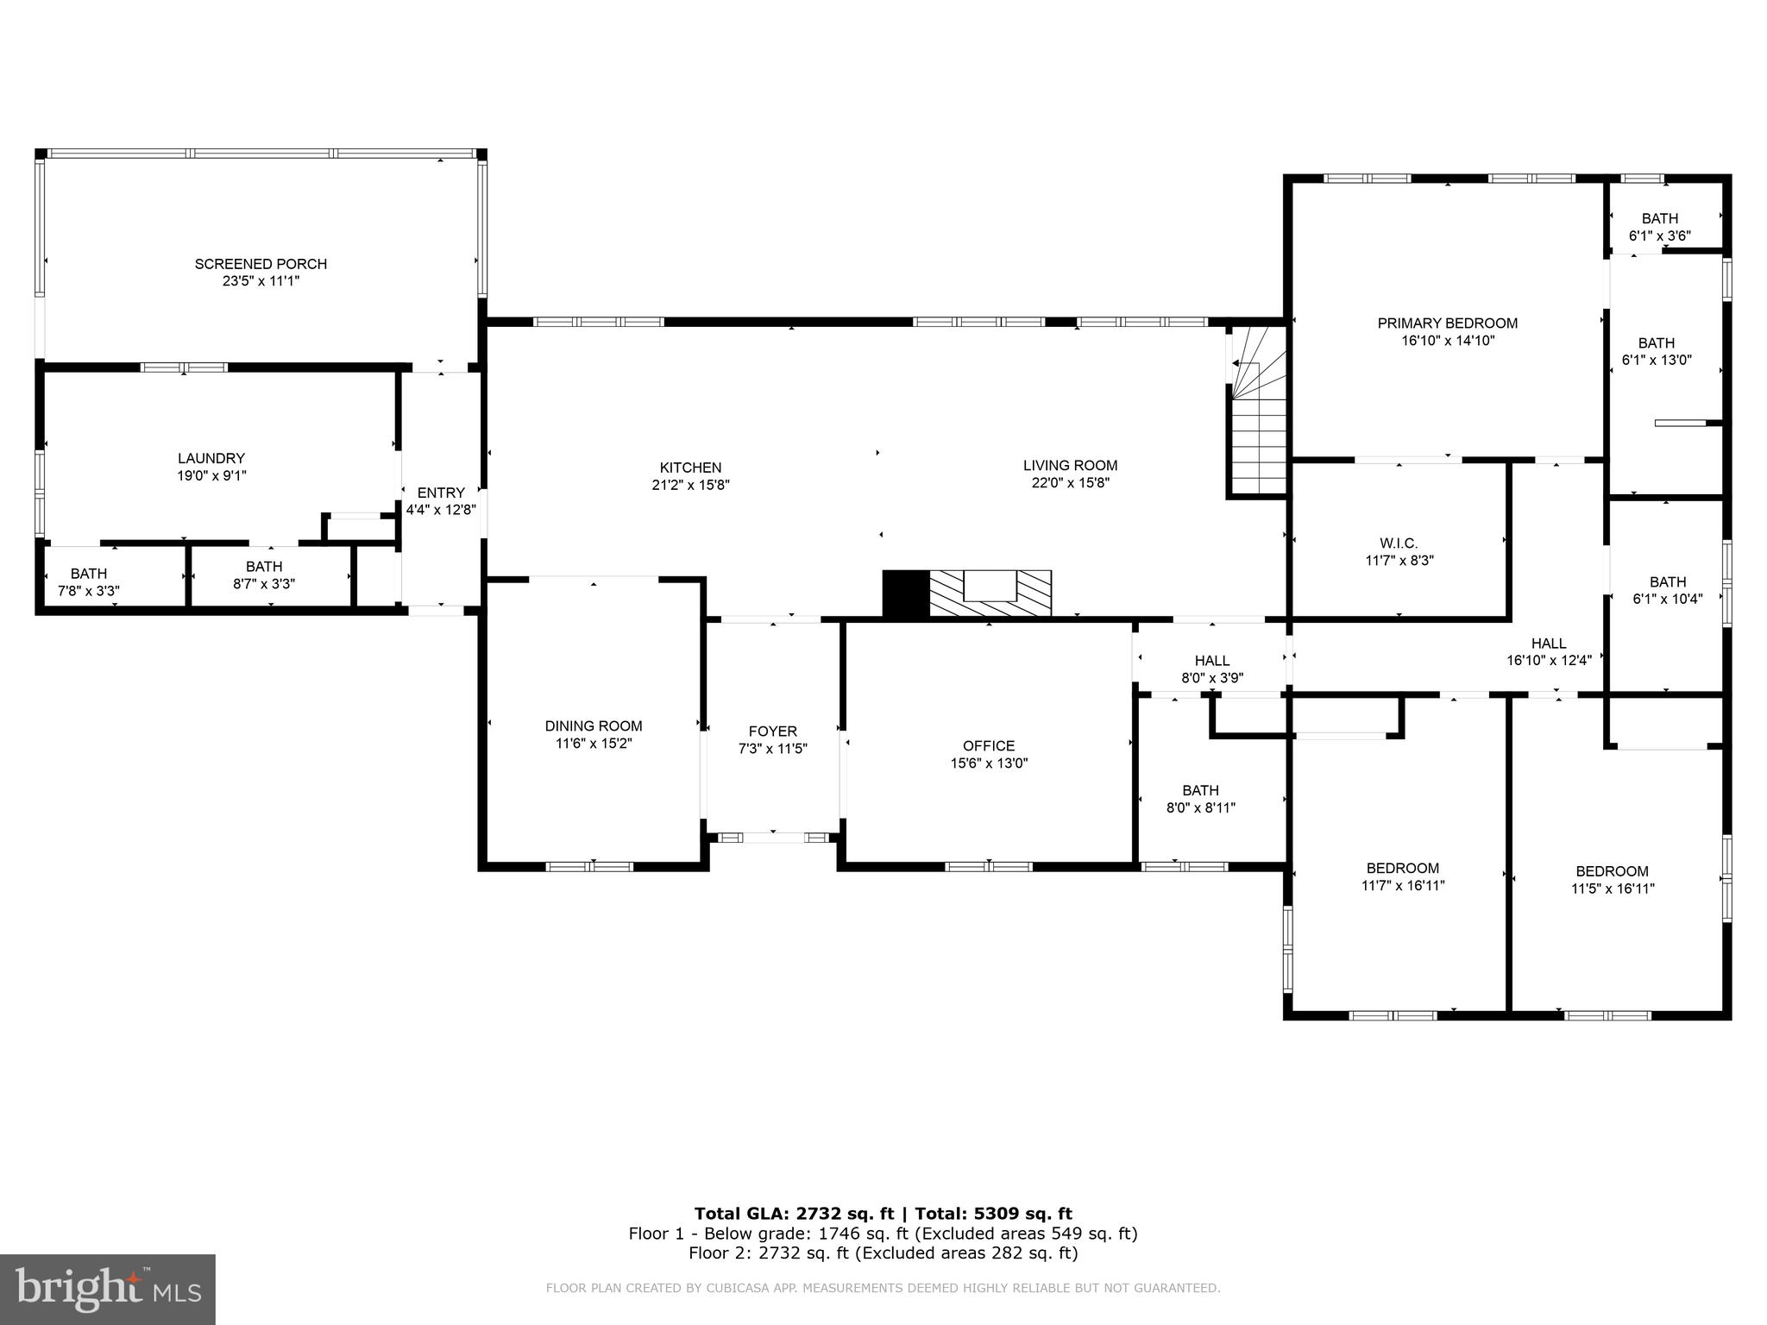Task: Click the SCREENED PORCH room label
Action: (x=261, y=264)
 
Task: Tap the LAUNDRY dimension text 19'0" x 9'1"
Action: (x=211, y=475)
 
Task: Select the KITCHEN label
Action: (x=690, y=468)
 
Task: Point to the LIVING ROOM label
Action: (x=1070, y=465)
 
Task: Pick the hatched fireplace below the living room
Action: (x=990, y=593)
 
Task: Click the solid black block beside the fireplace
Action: (x=905, y=593)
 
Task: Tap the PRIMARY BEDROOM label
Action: (x=1447, y=323)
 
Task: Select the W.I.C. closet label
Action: (x=1399, y=543)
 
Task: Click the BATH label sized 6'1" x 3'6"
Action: (x=1659, y=219)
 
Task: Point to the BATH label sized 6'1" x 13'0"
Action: (x=1657, y=343)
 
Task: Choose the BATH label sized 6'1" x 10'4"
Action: (x=1667, y=582)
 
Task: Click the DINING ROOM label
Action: (x=594, y=726)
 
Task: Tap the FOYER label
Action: (x=772, y=732)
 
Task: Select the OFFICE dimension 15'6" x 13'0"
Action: (x=989, y=763)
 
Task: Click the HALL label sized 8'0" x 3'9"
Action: (x=1211, y=662)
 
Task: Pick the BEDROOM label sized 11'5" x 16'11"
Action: (x=1612, y=871)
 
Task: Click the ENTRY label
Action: (x=441, y=493)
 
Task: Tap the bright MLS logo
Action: (x=108, y=1289)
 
